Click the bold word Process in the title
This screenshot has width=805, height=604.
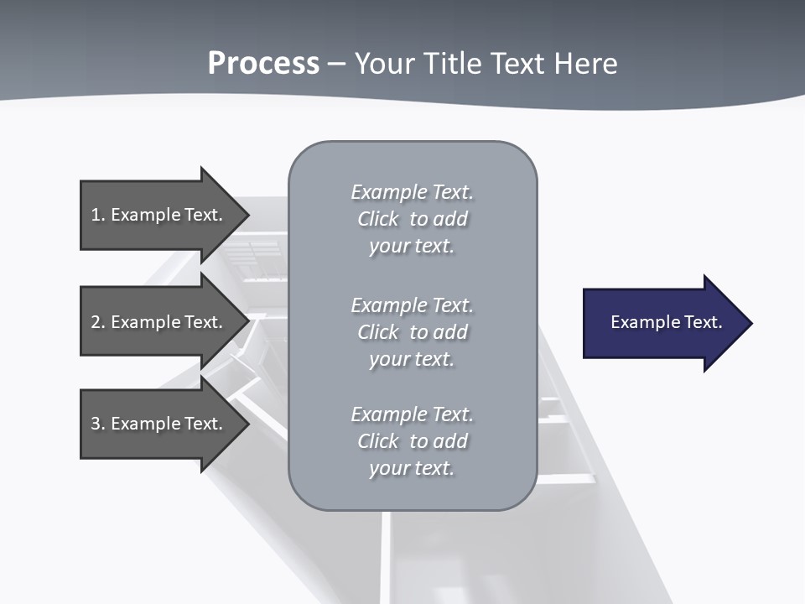pos(263,64)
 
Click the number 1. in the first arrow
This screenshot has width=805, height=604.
pos(98,215)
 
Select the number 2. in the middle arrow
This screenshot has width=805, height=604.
pos(98,322)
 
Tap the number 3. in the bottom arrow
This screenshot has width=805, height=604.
pos(98,424)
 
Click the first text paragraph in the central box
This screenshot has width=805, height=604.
pos(412,219)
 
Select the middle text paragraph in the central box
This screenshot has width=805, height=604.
pos(412,331)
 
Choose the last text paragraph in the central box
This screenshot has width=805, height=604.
pos(412,441)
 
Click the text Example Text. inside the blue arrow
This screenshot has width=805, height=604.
pos(666,322)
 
